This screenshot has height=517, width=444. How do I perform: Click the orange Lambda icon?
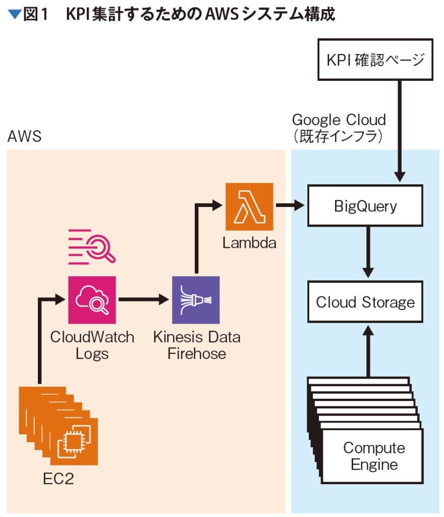pyautogui.click(x=249, y=207)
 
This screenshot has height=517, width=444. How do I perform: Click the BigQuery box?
pyautogui.click(x=365, y=206)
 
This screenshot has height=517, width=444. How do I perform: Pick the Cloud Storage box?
pyautogui.click(x=365, y=302)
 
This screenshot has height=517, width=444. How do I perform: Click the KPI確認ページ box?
pyautogui.click(x=375, y=61)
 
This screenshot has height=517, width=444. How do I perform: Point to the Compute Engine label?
pyautogui.click(x=374, y=456)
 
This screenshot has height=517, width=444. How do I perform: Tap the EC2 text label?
pyautogui.click(x=58, y=479)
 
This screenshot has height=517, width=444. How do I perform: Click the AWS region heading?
pyautogui.click(x=24, y=136)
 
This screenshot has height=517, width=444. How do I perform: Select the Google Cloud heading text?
pyautogui.click(x=339, y=120)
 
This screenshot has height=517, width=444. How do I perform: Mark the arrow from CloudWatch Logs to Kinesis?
pyautogui.click(x=143, y=299)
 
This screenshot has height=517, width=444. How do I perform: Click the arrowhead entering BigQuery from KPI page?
pyautogui.click(x=400, y=177)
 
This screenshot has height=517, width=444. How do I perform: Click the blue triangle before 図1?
pyautogui.click(x=14, y=15)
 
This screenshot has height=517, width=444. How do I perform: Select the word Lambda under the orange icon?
pyautogui.click(x=249, y=243)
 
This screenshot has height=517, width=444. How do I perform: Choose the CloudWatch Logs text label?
pyautogui.click(x=92, y=345)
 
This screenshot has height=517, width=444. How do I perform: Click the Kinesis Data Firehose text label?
pyautogui.click(x=197, y=345)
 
